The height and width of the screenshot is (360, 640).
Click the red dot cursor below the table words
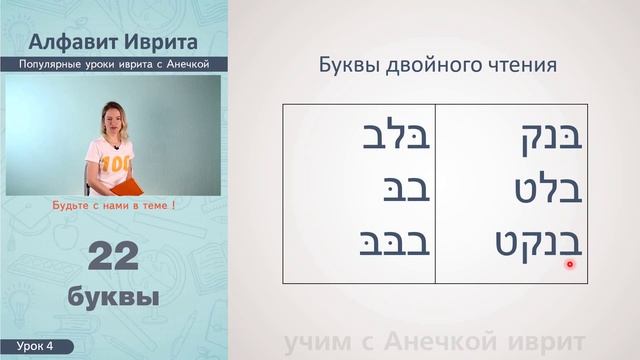[570, 265]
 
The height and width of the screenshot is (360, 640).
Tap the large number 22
[112, 258]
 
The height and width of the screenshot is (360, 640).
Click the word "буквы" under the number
[112, 297]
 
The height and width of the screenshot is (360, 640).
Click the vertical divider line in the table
[434, 192]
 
